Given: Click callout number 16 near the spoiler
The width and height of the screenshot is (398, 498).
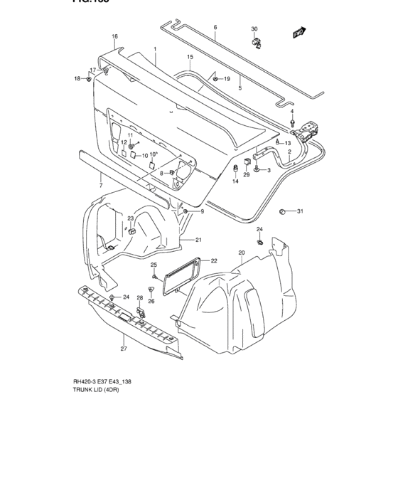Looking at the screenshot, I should pyautogui.click(x=114, y=36).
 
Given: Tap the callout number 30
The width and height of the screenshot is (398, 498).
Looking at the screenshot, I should pyautogui.click(x=254, y=29).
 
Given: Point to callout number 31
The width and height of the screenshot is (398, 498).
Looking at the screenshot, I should pyautogui.click(x=300, y=211).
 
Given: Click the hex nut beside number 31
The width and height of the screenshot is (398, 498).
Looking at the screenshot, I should pyautogui.click(x=282, y=211).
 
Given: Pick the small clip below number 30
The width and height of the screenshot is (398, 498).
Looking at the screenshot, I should pyautogui.click(x=257, y=43).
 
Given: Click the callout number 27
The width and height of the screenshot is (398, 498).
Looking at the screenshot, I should pyautogui.click(x=123, y=349).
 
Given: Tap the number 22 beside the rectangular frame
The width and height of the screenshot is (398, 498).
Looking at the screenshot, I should pyautogui.click(x=213, y=261).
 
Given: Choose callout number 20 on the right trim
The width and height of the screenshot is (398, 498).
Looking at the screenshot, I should pyautogui.click(x=241, y=253).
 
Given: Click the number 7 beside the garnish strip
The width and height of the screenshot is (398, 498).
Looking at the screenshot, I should pyautogui.click(x=100, y=185).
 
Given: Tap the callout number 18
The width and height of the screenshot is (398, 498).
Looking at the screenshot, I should pyautogui.click(x=78, y=78).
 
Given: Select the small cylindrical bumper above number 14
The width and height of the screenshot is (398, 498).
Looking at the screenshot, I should pyautogui.click(x=236, y=168).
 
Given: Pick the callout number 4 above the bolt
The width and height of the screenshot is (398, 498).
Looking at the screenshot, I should pyautogui.click(x=291, y=112).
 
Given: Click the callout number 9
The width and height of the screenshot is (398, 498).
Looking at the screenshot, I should pyautogui.click(x=201, y=211).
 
